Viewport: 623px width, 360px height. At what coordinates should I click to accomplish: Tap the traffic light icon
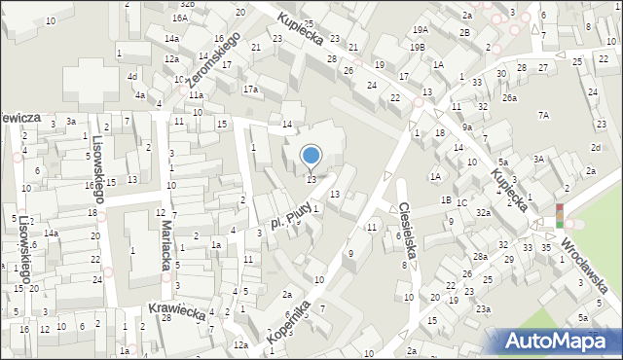[x=559, y=216]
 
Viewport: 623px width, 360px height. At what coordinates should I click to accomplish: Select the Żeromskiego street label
[x=215, y=58]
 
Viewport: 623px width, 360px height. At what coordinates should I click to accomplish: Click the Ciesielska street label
[x=409, y=230]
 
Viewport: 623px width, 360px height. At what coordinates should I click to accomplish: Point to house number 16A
[x=180, y=18]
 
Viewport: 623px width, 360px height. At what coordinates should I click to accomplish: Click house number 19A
[x=420, y=30]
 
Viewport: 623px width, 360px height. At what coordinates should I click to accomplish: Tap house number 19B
[x=417, y=47]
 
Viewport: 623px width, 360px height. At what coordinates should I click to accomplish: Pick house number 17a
[x=251, y=90]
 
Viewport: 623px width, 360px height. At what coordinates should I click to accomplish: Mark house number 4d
[x=130, y=76]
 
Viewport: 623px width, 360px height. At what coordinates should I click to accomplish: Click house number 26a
[x=509, y=97]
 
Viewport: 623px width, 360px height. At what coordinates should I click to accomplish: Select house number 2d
[x=595, y=147]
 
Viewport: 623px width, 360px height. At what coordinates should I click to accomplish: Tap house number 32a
[x=483, y=212]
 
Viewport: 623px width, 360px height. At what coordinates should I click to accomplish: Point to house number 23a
[x=484, y=308]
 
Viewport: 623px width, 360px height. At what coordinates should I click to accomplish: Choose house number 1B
[x=446, y=199]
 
